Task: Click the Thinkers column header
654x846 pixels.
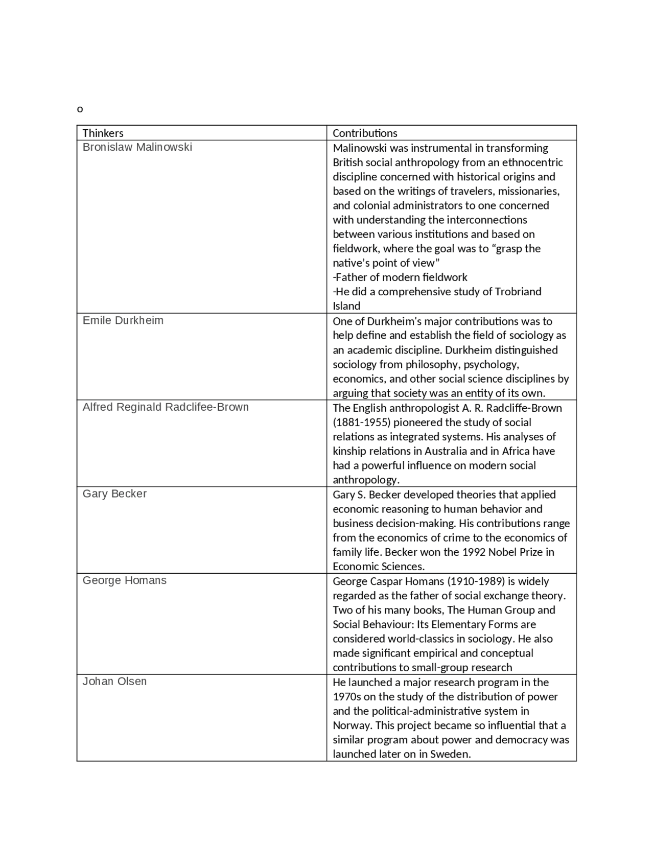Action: (x=103, y=133)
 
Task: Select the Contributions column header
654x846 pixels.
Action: (x=365, y=133)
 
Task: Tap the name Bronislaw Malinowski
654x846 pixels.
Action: (x=137, y=147)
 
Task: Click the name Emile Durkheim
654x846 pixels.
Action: (x=123, y=320)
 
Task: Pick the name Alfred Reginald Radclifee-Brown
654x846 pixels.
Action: (x=166, y=407)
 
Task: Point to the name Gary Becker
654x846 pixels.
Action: (x=114, y=494)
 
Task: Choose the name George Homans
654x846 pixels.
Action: (x=125, y=580)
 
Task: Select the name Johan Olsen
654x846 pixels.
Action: (x=114, y=682)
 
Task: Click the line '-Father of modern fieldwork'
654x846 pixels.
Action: (x=400, y=277)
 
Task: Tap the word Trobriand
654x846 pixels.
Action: (x=518, y=292)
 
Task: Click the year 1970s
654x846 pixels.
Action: (x=347, y=697)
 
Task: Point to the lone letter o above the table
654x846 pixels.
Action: (x=80, y=109)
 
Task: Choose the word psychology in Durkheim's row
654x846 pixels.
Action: (x=491, y=365)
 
